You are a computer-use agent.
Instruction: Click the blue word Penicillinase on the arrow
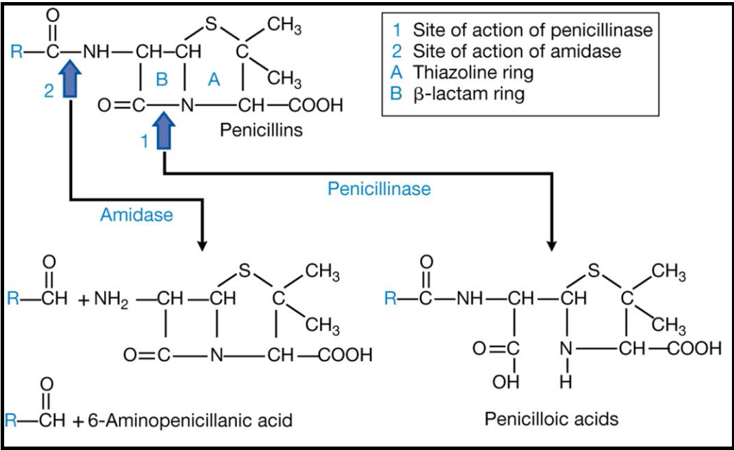pyautogui.click(x=379, y=189)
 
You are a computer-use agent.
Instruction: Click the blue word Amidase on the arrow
pyautogui.click(x=136, y=215)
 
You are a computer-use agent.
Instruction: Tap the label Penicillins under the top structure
pyautogui.click(x=261, y=129)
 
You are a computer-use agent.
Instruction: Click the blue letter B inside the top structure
pyautogui.click(x=162, y=81)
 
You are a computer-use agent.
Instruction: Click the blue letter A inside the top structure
pyautogui.click(x=214, y=81)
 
